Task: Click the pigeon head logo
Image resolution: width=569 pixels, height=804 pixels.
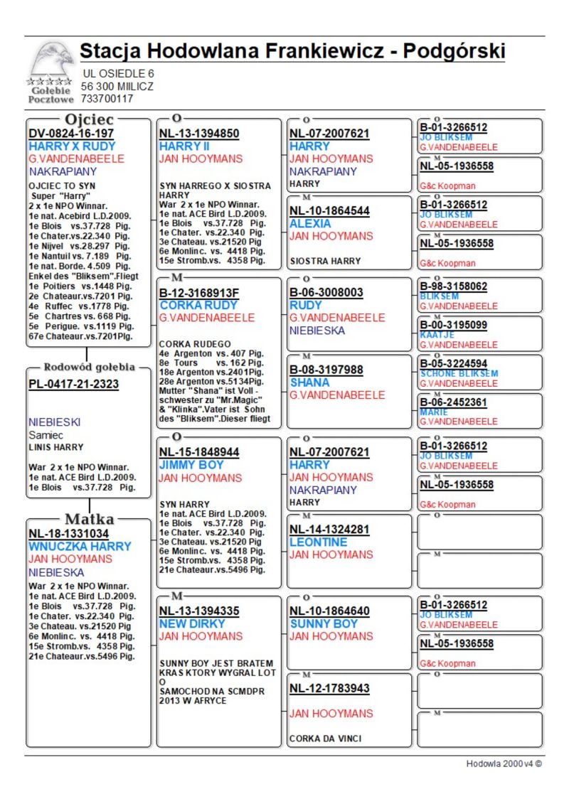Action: pos(52,60)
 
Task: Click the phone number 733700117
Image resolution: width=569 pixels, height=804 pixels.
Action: pos(107,99)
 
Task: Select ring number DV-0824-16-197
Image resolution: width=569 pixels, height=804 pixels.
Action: pos(71,134)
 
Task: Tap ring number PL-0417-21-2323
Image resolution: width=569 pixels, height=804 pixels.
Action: pos(73,385)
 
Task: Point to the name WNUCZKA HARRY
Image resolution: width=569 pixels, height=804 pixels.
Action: pos(80,547)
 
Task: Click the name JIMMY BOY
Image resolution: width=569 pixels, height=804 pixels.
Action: pos(191,465)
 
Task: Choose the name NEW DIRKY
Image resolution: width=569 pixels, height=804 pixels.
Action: pos(192,623)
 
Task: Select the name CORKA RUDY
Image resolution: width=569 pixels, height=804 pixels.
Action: pos(198,305)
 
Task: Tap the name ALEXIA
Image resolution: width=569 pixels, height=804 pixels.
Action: pos(310,223)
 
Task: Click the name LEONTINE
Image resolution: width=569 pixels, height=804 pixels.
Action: pos(319,542)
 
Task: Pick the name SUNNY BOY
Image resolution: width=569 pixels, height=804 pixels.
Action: pos(324,623)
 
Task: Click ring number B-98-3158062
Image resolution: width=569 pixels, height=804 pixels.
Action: pos(454,286)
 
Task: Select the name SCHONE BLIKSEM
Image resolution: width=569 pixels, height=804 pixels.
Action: pos(459,373)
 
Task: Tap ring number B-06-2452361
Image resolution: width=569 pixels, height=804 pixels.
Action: pos(454,402)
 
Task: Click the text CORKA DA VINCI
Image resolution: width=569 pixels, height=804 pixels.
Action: pos(325,739)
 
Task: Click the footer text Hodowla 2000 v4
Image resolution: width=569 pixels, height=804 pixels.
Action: pos(504,764)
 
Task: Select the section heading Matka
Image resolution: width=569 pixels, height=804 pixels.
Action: pos(89,518)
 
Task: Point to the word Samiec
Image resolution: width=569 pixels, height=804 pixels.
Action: pos(46,434)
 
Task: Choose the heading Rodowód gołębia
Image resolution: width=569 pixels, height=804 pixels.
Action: pos(89,368)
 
